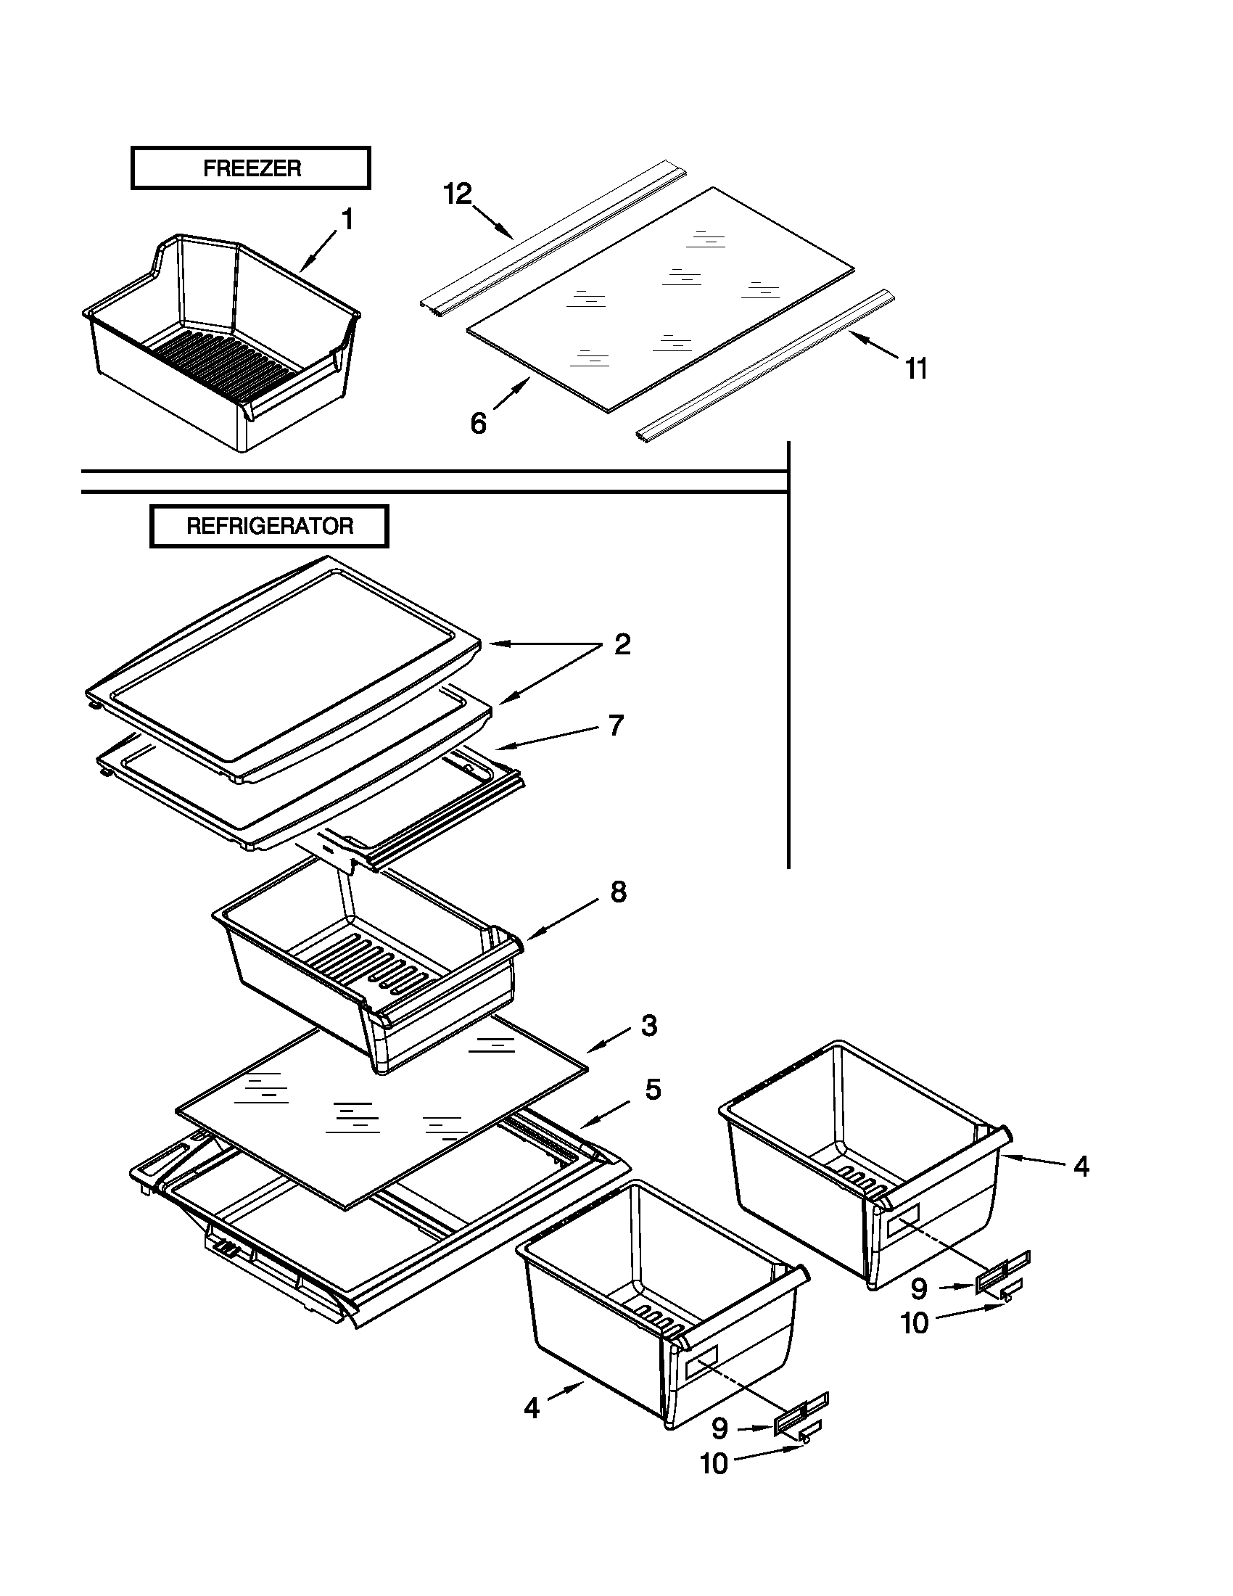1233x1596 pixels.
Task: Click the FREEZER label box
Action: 250,168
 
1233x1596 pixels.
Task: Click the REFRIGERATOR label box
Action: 269,526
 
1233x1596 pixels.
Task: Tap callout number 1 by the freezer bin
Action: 347,219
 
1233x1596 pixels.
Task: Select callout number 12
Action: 458,194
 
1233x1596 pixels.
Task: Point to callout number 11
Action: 916,369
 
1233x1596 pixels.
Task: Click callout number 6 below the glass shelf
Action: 478,423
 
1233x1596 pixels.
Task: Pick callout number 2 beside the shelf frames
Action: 622,644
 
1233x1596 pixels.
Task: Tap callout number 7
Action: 616,725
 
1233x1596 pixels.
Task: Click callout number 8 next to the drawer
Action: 618,892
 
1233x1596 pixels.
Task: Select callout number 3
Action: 648,1026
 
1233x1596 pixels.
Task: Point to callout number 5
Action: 652,1090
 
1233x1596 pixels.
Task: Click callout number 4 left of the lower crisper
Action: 532,1408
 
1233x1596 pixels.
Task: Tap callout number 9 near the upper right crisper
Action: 919,1288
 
